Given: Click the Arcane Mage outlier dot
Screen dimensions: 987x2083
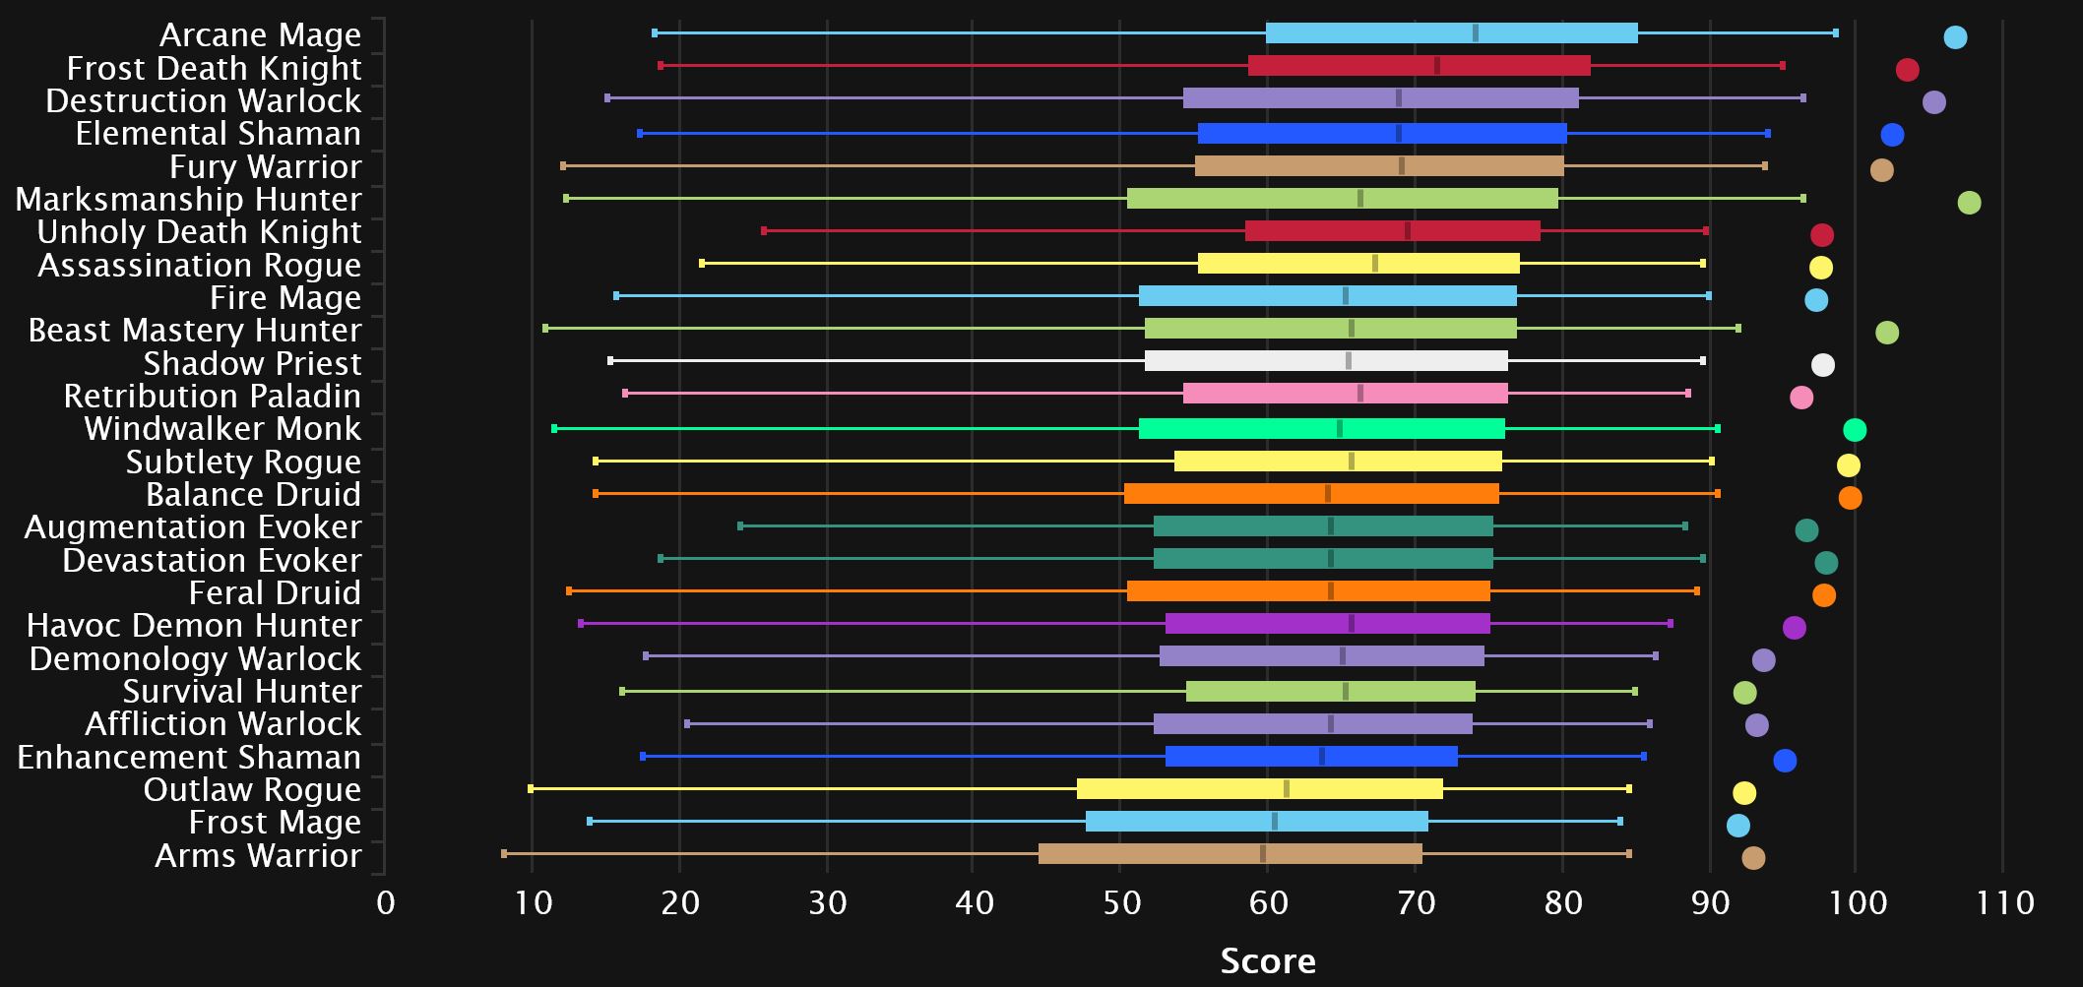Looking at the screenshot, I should coord(1955,37).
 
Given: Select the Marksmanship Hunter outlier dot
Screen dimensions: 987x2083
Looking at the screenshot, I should coord(1969,203).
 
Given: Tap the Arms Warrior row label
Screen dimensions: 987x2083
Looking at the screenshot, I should coord(258,855).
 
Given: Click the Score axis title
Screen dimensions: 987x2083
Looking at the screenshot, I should coord(1268,960).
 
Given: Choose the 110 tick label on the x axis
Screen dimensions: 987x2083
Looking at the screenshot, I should coord(2004,903).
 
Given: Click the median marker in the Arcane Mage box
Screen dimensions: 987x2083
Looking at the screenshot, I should coord(1475,33).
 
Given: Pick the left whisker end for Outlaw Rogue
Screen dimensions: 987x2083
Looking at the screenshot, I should coord(532,788).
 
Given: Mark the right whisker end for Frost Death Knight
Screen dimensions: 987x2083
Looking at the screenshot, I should coord(1782,66).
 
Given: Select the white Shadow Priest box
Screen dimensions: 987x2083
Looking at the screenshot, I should coord(1326,361).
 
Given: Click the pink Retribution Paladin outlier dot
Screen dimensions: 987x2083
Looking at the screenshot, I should coord(1801,398).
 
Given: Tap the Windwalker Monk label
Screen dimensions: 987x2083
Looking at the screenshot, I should coord(222,429).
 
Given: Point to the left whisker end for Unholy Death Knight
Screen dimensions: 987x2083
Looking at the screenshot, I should coord(764,231).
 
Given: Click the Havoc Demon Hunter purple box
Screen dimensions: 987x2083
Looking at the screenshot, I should coord(1327,624).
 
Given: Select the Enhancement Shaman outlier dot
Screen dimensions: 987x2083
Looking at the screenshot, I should coord(1785,760).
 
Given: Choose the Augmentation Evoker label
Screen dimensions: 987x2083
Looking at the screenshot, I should coord(193,527).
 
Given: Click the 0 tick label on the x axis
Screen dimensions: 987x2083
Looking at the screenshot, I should coord(385,903).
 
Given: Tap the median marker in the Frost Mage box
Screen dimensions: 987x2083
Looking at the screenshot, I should coord(1274,822).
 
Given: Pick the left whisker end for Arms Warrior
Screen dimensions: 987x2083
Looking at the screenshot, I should coord(504,854).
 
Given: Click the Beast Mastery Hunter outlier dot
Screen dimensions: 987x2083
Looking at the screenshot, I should coord(1886,333).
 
